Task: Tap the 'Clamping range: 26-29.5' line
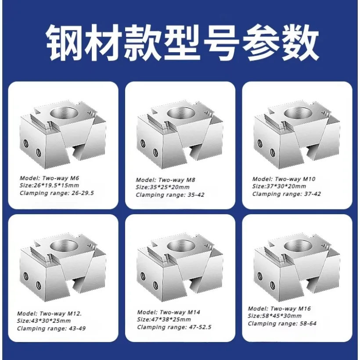point(58,192)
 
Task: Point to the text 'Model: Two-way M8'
point(165,180)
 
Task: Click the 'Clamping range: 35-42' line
point(170,194)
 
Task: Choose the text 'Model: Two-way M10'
point(284,179)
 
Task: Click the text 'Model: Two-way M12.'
point(49,313)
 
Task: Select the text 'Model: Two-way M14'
point(169,312)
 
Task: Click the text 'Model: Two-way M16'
point(279,309)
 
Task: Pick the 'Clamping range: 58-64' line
point(282,324)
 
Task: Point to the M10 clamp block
point(297,136)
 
